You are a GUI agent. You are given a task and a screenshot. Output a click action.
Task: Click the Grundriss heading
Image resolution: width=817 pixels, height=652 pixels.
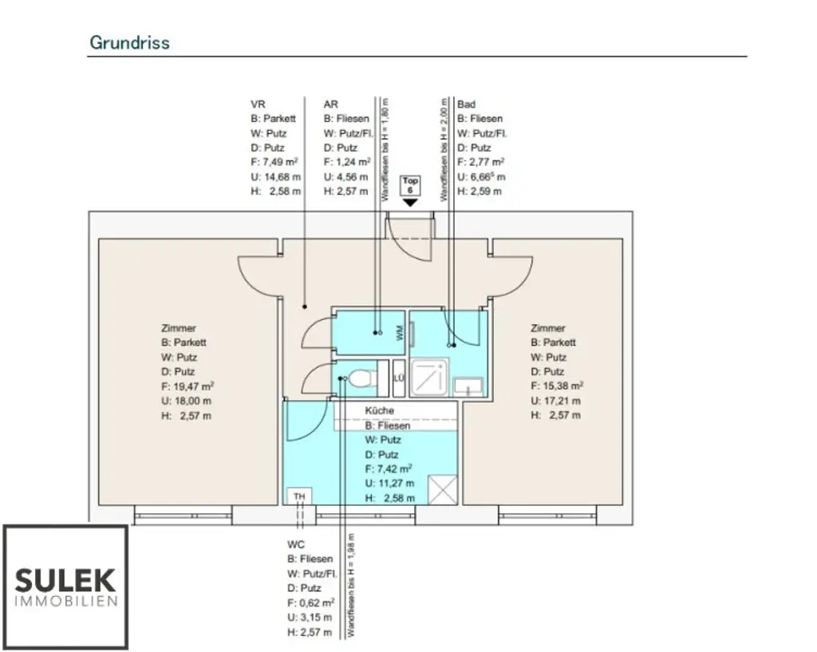tap(129, 42)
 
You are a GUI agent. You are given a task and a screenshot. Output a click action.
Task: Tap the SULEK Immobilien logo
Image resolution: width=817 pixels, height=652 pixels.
tap(65, 586)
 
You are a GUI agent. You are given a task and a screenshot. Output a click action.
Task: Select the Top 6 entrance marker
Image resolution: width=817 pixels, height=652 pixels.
tap(410, 186)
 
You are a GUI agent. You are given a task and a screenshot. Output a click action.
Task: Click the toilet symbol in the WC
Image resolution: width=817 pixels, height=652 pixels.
tap(361, 378)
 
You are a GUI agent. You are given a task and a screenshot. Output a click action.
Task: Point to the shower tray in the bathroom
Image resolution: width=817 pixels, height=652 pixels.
tap(431, 377)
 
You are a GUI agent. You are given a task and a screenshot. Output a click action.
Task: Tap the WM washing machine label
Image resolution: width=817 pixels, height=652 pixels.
tap(400, 333)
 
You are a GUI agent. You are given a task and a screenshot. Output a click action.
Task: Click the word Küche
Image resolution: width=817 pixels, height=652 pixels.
tap(380, 410)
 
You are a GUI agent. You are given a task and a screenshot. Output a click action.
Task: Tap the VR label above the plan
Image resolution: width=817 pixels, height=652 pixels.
tap(258, 105)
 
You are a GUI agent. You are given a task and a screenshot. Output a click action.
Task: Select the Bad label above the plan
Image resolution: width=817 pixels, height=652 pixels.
tap(466, 105)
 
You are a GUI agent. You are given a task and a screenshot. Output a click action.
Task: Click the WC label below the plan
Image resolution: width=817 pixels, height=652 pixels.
tap(296, 544)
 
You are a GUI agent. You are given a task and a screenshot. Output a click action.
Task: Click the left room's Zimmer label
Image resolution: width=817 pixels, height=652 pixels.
tap(178, 328)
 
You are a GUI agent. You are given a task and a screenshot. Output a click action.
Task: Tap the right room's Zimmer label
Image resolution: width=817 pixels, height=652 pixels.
tap(547, 328)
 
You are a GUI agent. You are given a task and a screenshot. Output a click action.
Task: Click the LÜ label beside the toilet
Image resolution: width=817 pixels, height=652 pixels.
tap(399, 378)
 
